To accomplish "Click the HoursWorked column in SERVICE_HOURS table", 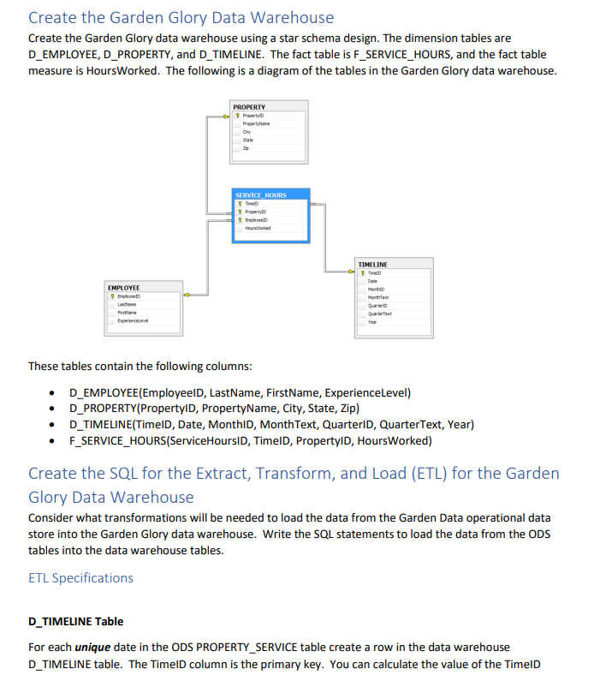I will click(x=258, y=228).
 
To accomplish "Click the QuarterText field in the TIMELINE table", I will click(x=380, y=314).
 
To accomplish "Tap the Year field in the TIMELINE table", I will click(x=372, y=322).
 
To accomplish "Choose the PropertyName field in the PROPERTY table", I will click(x=256, y=123).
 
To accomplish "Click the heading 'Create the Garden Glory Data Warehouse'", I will click(x=181, y=17).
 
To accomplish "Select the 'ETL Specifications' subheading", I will click(x=80, y=577).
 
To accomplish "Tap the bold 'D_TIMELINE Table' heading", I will click(x=75, y=621).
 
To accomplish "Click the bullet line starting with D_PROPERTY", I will click(x=214, y=409).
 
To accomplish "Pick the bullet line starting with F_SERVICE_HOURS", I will click(x=250, y=441).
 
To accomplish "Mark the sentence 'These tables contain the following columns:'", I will click(x=140, y=367).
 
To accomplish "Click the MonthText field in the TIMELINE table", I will click(x=378, y=297).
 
